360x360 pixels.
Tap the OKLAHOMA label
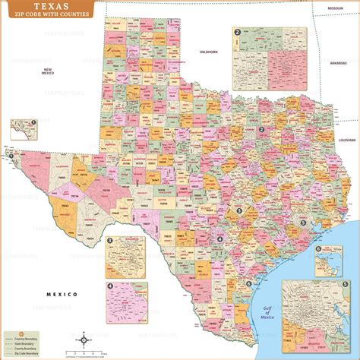tap(208, 52)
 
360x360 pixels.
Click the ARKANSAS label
tap(339, 63)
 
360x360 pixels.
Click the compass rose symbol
tap(84, 341)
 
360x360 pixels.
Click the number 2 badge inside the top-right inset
tap(238, 32)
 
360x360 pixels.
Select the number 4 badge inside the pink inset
tap(111, 286)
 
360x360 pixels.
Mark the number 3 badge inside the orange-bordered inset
tap(111, 241)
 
